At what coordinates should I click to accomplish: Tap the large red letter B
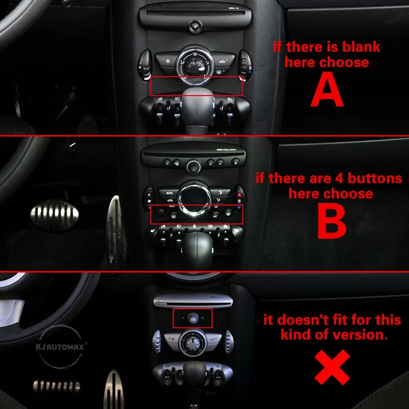click(x=331, y=223)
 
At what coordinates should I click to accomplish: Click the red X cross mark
click(x=332, y=367)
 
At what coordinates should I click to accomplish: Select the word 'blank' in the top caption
click(x=361, y=47)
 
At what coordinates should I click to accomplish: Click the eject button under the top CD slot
click(x=194, y=25)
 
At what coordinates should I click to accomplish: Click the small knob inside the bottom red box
click(x=193, y=318)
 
